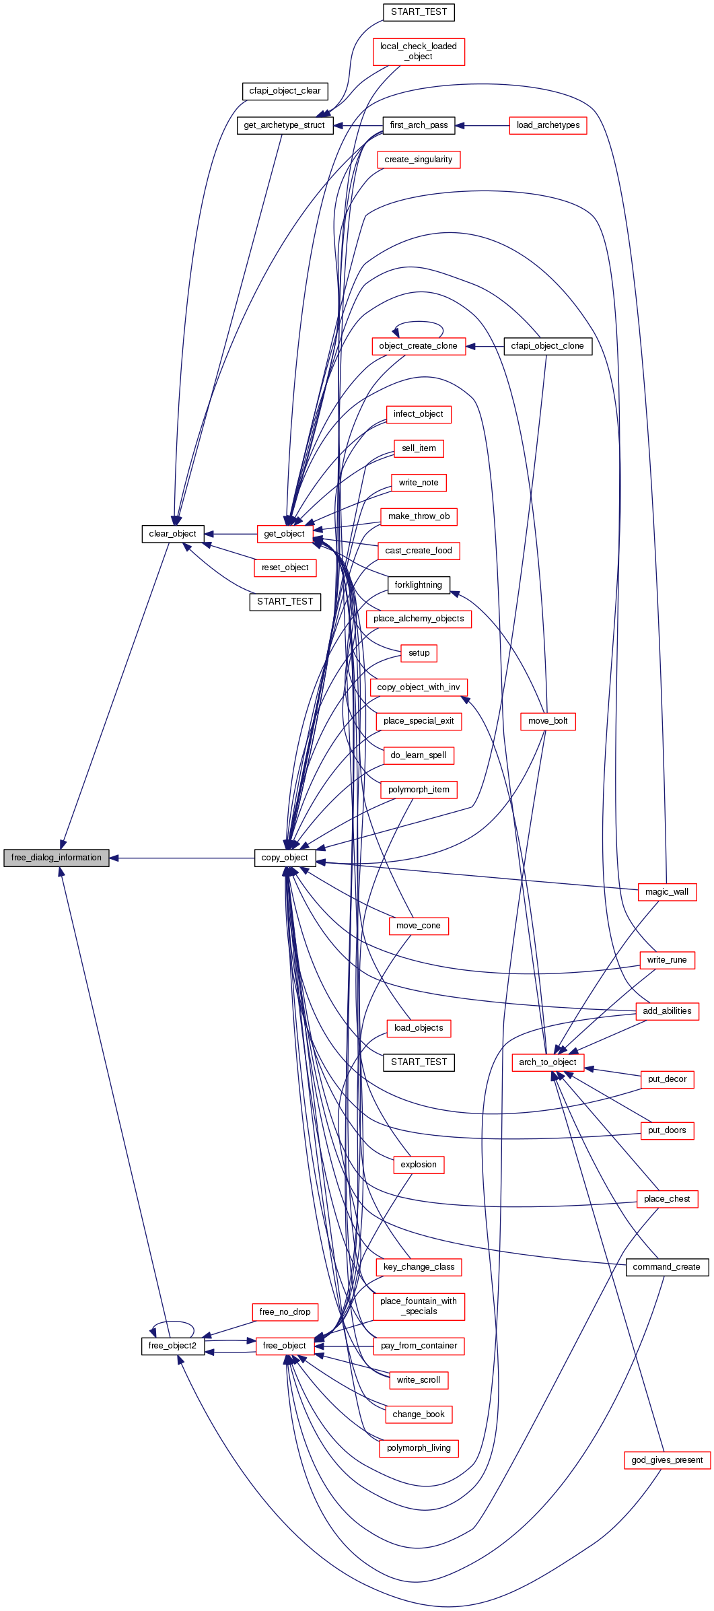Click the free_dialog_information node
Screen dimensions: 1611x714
click(x=57, y=858)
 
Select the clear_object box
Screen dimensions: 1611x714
click(x=172, y=534)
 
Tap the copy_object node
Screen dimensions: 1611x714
click(x=285, y=858)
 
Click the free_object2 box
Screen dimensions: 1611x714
click(x=172, y=1346)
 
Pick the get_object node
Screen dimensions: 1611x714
click(x=285, y=534)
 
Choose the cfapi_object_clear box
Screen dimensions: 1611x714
click(x=285, y=91)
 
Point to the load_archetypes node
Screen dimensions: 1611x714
click(x=548, y=125)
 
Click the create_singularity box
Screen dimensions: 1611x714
click(x=419, y=160)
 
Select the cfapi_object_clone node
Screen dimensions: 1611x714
click(x=548, y=346)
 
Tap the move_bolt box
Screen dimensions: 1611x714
click(x=548, y=721)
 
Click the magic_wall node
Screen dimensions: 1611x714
click(x=667, y=892)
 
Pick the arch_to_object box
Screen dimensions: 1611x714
click(x=548, y=1062)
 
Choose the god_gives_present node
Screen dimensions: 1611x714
click(x=667, y=1460)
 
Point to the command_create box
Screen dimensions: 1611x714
click(x=667, y=1267)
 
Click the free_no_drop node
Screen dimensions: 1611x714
click(x=285, y=1312)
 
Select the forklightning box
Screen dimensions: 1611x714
click(x=419, y=585)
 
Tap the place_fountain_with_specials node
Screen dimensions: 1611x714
click(x=419, y=1306)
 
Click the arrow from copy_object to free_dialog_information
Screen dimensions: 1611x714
click(x=182, y=858)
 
